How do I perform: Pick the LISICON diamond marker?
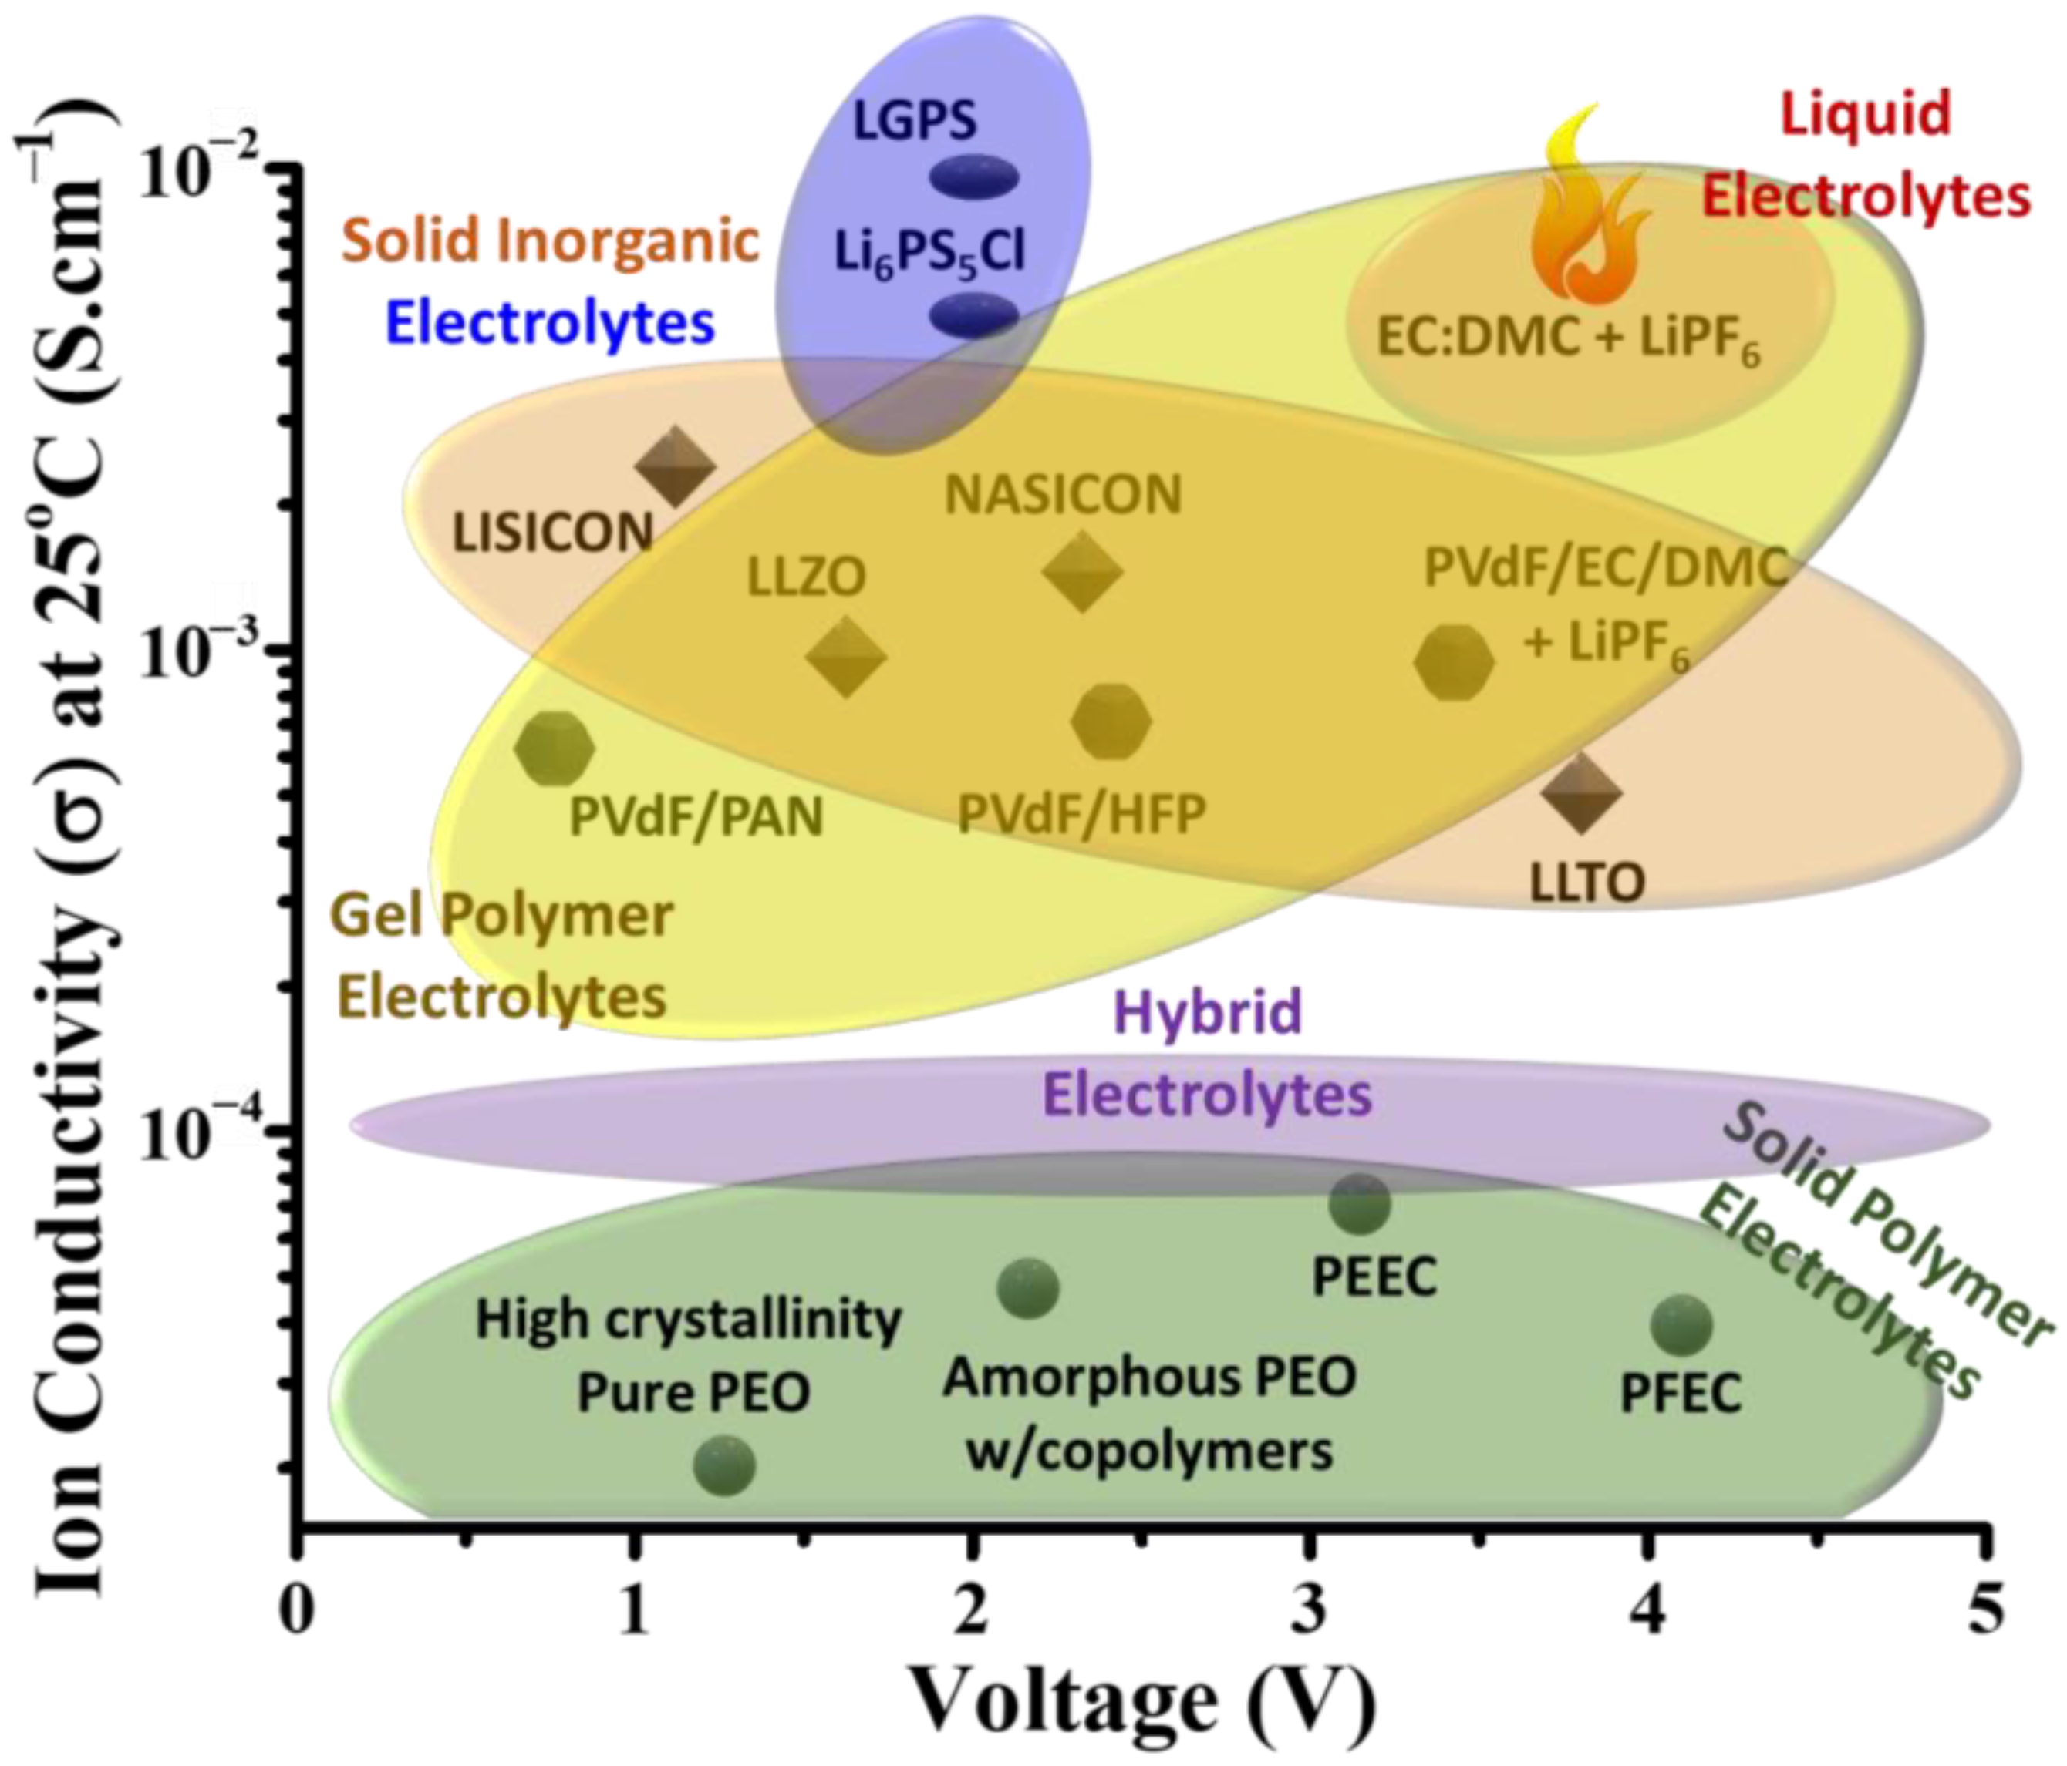[x=676, y=466]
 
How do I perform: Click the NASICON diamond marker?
[x=1081, y=570]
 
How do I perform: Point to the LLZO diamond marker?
[x=846, y=656]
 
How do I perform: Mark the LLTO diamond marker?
[x=1580, y=792]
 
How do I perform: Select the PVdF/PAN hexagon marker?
[x=555, y=748]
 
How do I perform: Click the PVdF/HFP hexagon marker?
[x=1111, y=720]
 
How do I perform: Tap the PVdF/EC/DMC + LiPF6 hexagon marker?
[x=1454, y=662]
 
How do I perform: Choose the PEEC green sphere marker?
[x=1359, y=1203]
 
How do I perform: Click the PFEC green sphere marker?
[x=1682, y=1325]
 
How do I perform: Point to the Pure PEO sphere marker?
[x=724, y=1465]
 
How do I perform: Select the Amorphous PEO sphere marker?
[x=1027, y=1287]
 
